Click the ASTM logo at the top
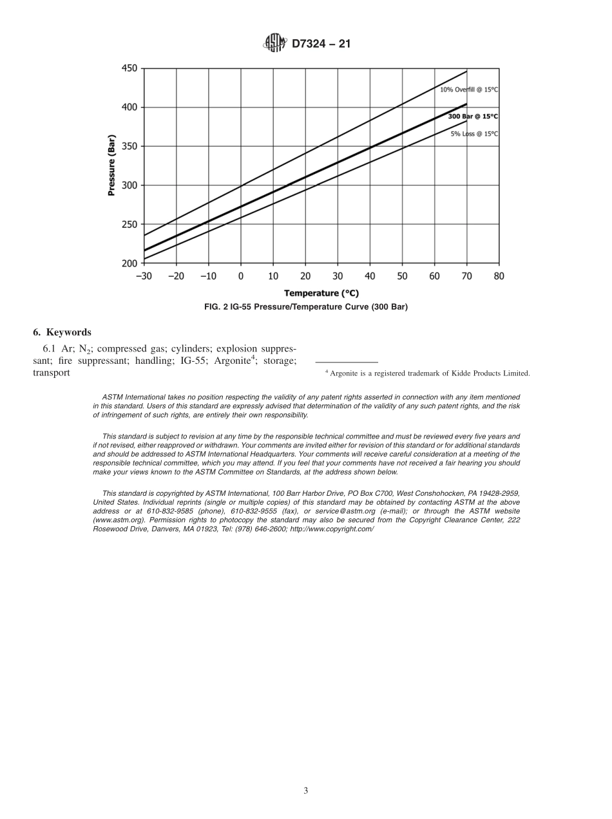pyautogui.click(x=274, y=44)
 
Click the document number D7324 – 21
pyautogui.click(x=321, y=44)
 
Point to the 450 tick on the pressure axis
pyautogui.click(x=129, y=68)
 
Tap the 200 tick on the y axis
pyautogui.click(x=129, y=263)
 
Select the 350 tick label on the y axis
pyautogui.click(x=129, y=146)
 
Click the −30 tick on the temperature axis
pyautogui.click(x=144, y=276)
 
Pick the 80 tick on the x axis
pyautogui.click(x=499, y=276)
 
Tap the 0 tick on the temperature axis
pyautogui.click(x=241, y=276)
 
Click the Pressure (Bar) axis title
pyautogui.click(x=111, y=165)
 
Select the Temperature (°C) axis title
pyautogui.click(x=321, y=293)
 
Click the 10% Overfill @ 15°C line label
pyautogui.click(x=469, y=89)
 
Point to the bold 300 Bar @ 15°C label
pyautogui.click(x=473, y=117)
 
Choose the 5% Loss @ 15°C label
pyautogui.click(x=474, y=134)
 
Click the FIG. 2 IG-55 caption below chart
pyautogui.click(x=306, y=307)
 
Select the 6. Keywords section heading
pyautogui.click(x=62, y=332)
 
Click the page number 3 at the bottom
pyautogui.click(x=306, y=791)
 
